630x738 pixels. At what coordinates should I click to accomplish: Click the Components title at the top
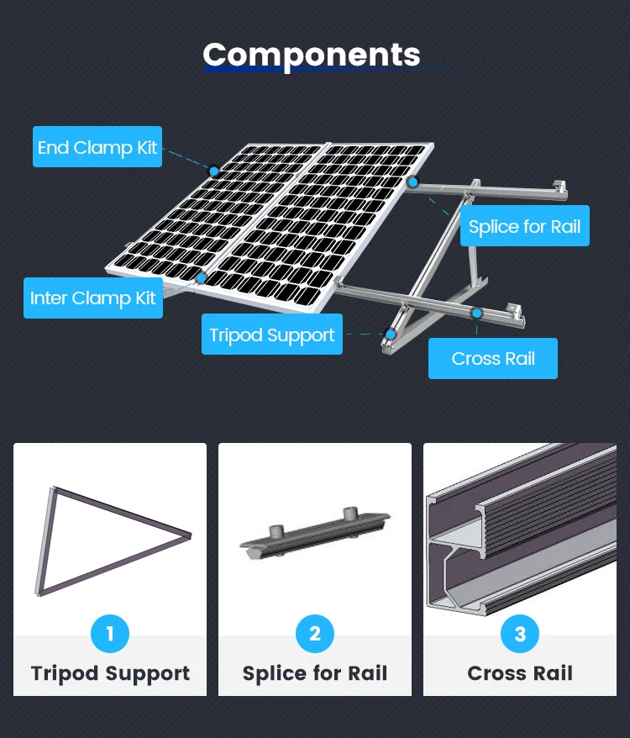point(312,55)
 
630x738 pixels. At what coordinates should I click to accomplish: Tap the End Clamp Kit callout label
point(97,147)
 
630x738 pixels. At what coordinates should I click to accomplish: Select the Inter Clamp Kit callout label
point(93,298)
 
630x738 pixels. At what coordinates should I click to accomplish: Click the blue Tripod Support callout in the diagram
point(272,335)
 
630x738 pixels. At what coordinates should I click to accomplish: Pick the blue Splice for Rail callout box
point(524,226)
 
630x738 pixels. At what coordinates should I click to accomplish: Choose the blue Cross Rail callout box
point(493,359)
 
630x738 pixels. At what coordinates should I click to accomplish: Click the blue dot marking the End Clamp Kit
point(214,171)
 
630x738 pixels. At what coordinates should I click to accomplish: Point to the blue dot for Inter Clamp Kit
point(201,277)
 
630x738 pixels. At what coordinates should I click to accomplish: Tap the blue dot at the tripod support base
point(390,334)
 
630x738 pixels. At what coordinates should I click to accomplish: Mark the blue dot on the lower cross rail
point(476,314)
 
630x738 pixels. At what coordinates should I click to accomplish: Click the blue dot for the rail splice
point(412,182)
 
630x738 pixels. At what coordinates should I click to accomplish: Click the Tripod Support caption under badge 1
point(110,673)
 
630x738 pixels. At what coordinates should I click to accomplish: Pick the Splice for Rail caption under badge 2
point(315,673)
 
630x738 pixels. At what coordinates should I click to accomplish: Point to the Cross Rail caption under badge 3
point(520,673)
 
